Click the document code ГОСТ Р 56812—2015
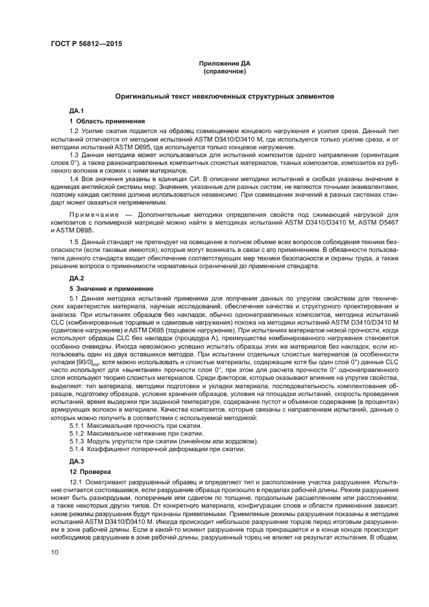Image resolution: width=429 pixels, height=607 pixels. (86, 43)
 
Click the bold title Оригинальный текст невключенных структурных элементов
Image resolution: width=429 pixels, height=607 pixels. (224, 95)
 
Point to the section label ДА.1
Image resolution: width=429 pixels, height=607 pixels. (77, 112)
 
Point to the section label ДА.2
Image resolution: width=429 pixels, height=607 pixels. (77, 277)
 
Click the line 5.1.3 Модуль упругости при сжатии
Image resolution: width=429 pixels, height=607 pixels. (164, 441)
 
